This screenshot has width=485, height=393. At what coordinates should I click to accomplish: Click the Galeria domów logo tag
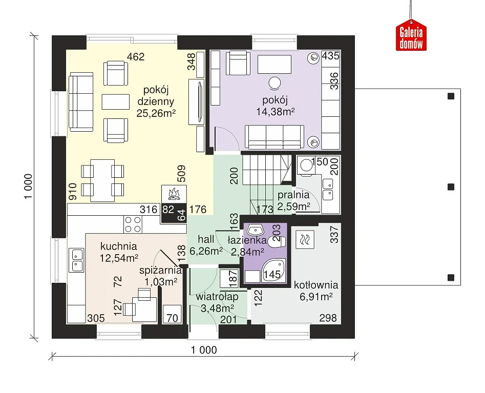(x=411, y=35)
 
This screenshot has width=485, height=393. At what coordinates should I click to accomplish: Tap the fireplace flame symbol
(x=174, y=194)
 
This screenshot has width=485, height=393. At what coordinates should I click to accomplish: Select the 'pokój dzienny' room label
(x=156, y=96)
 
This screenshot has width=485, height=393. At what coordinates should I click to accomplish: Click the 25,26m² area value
(x=156, y=113)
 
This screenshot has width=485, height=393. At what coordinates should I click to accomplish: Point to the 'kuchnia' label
(x=118, y=246)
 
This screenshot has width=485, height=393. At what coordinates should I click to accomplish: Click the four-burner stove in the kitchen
(x=133, y=224)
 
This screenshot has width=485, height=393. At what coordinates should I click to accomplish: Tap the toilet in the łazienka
(x=277, y=242)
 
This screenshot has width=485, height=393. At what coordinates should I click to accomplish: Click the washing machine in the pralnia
(x=306, y=166)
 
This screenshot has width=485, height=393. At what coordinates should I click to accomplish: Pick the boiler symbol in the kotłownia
(x=305, y=239)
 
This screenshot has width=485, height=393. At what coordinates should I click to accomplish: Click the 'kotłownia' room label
(x=316, y=285)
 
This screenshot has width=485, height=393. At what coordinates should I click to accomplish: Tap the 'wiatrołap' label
(x=217, y=297)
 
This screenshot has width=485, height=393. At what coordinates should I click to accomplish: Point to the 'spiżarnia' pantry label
(x=160, y=270)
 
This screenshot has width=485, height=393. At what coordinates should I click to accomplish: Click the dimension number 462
(x=136, y=57)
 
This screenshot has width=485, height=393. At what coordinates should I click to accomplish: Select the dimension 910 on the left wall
(x=72, y=192)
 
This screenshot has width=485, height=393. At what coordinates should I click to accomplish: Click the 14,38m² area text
(x=276, y=112)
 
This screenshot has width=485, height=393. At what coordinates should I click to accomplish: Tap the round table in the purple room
(x=275, y=83)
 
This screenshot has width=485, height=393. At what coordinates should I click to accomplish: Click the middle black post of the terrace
(x=451, y=187)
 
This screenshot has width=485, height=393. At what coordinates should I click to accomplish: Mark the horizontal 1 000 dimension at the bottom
(x=204, y=350)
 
